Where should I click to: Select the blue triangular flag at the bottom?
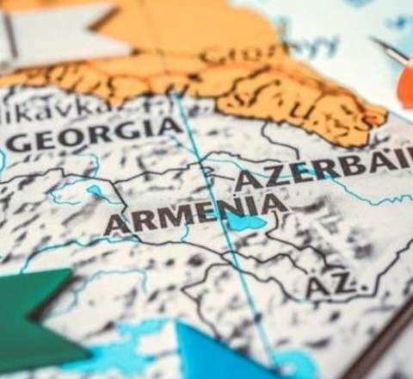click(x=215, y=353)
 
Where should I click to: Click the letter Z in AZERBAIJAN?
click(x=264, y=178)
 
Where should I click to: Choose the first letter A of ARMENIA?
click(x=114, y=225)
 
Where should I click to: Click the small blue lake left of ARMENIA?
click(x=94, y=192)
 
